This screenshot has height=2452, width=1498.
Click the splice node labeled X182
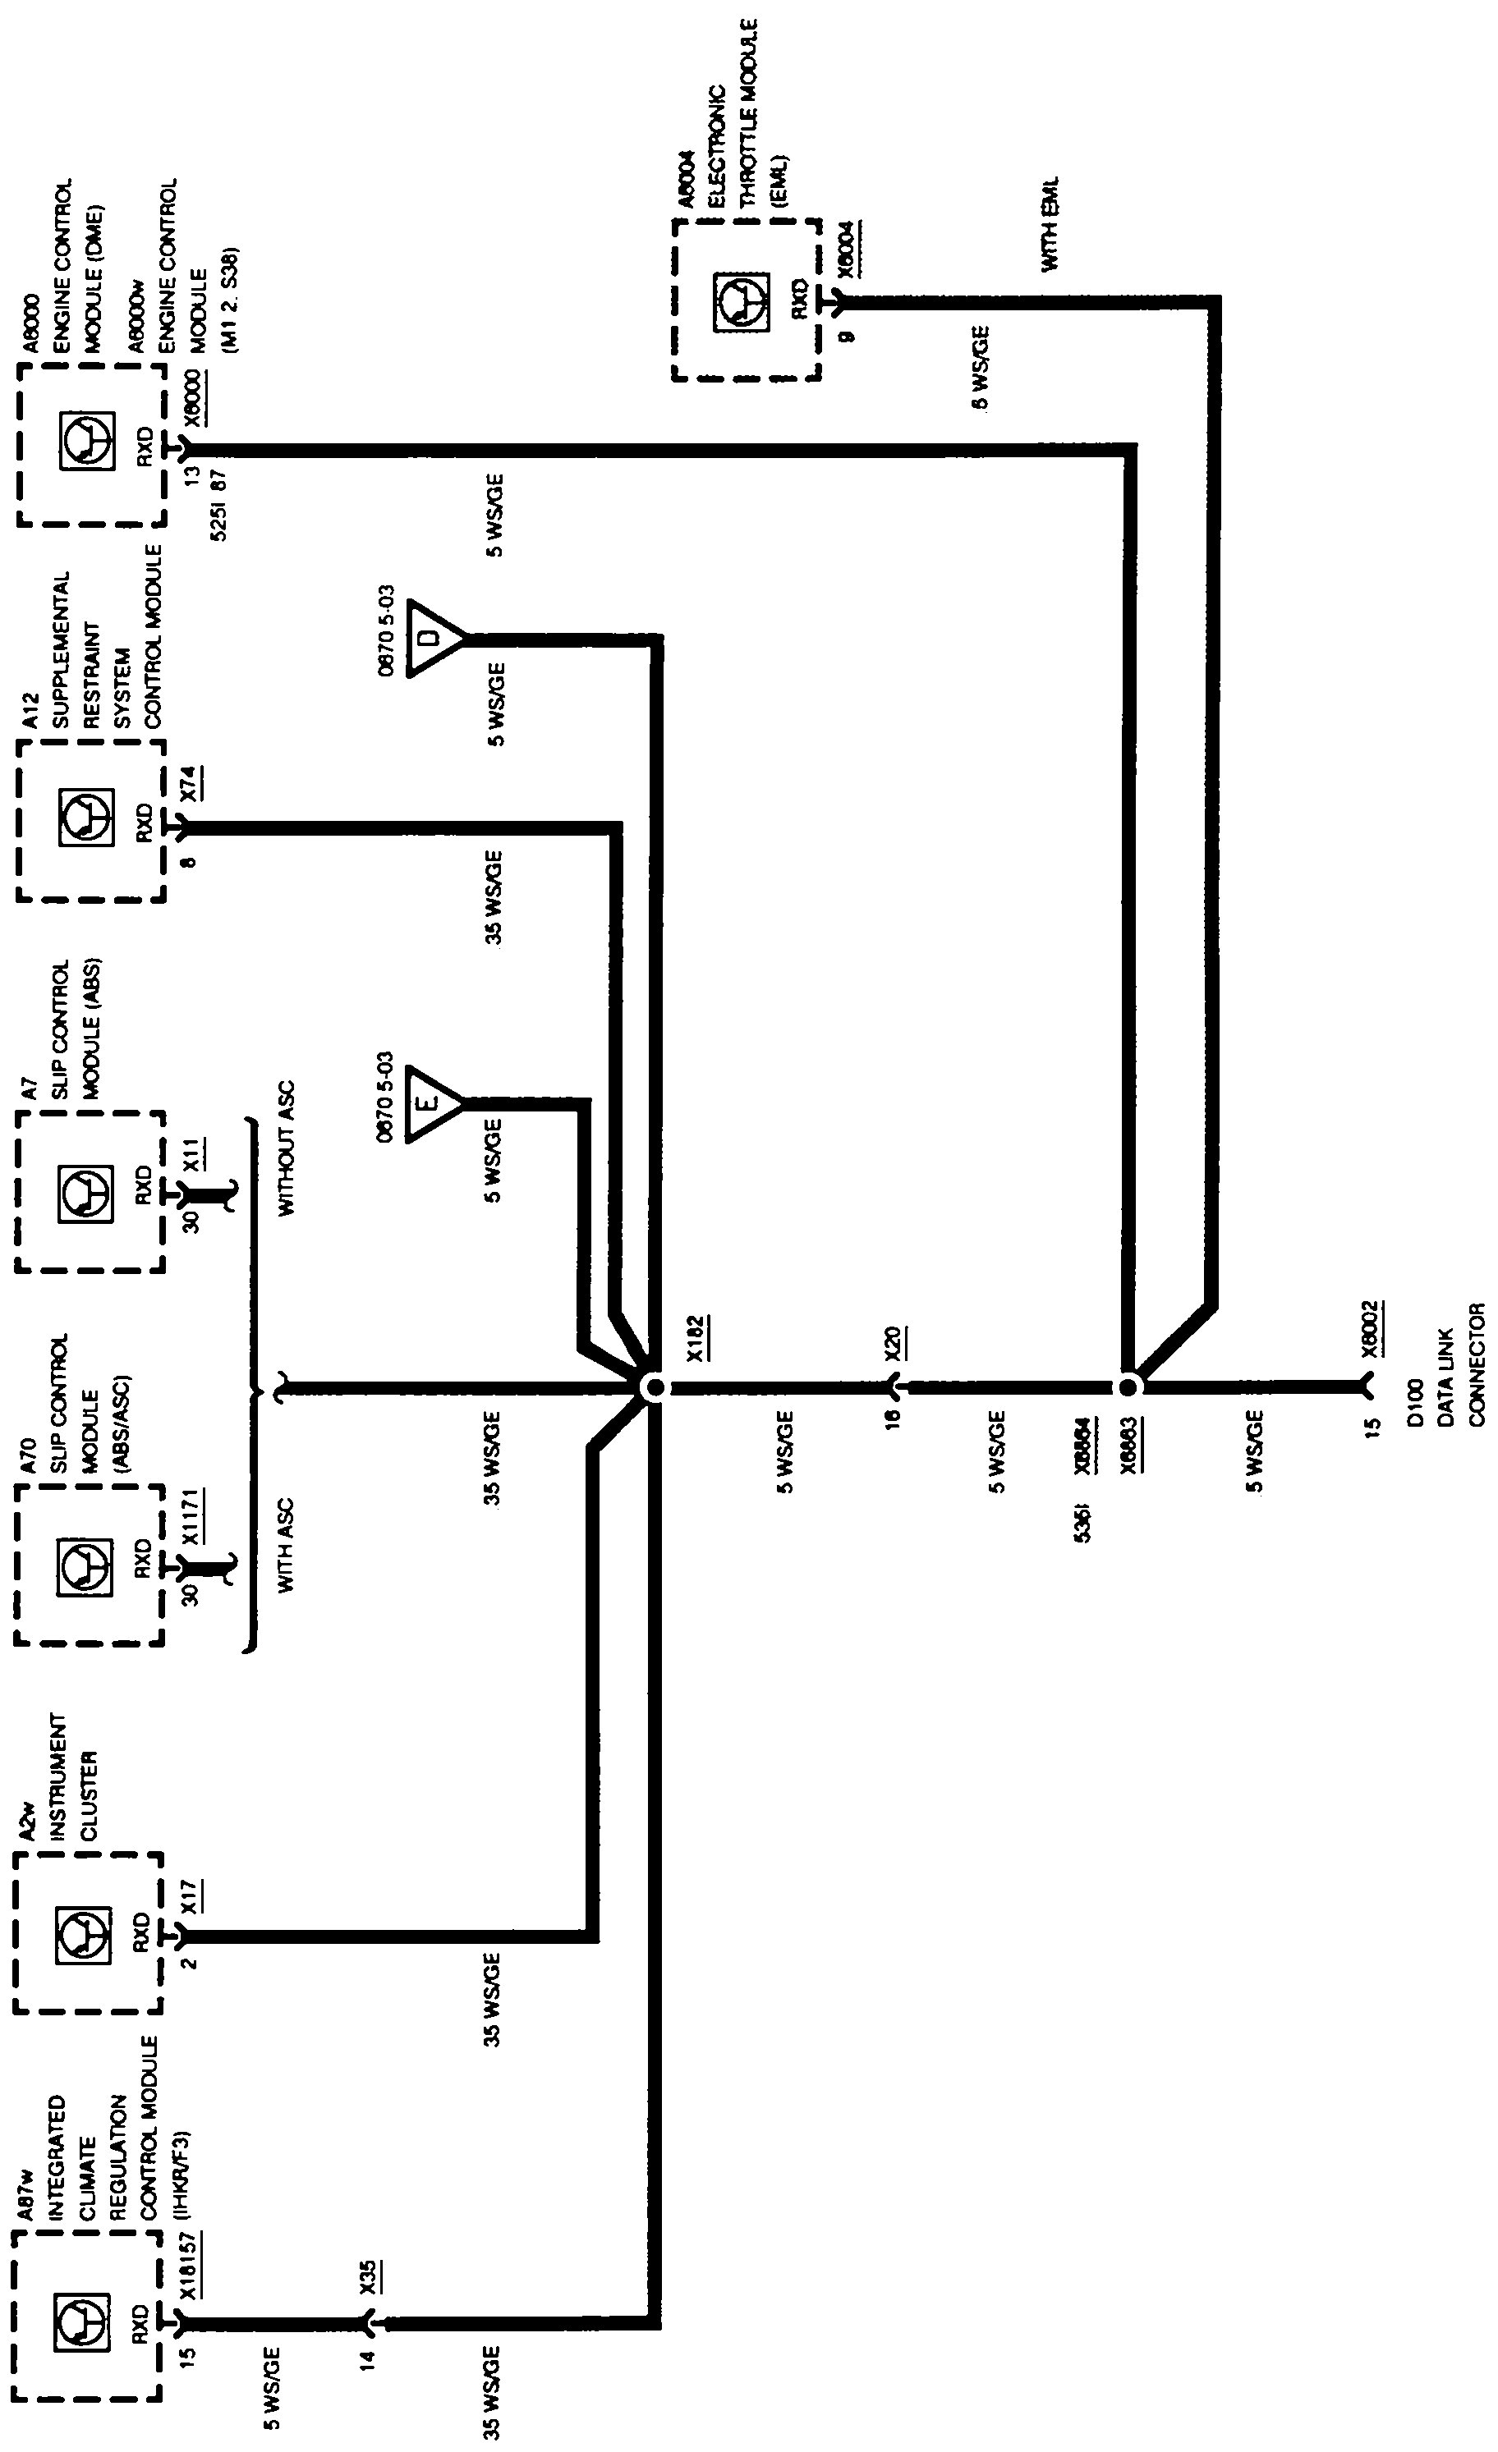652,1388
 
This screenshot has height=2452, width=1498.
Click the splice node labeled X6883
1128,1387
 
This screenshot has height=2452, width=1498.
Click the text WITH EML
1050,225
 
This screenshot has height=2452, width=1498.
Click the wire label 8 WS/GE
981,367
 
